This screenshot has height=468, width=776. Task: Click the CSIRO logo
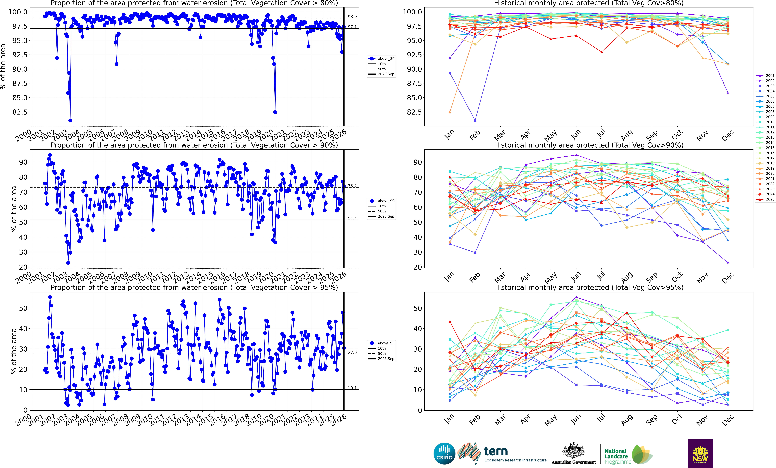[x=444, y=454]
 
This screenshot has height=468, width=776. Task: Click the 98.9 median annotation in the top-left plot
[x=352, y=17]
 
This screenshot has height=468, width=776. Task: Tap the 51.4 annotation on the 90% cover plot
[x=352, y=218]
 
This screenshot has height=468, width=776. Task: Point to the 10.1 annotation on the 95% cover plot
[x=352, y=388]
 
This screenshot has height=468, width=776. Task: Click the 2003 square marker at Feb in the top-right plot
[x=475, y=121]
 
